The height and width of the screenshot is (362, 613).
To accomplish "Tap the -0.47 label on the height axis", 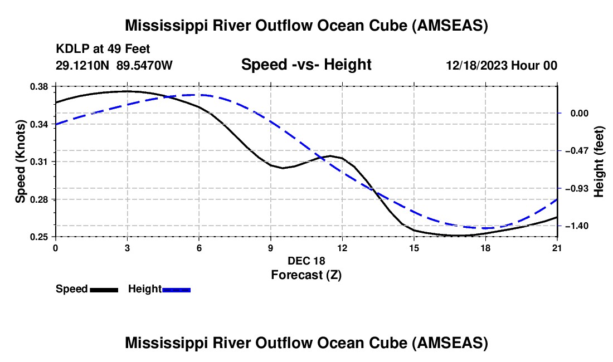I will (576, 150).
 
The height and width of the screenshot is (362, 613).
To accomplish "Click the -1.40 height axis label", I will (576, 226).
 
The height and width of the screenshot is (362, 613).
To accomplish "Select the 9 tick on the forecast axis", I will (270, 247).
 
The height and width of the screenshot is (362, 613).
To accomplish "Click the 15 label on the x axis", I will (414, 247).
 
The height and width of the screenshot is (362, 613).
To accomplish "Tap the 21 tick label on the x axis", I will (557, 247).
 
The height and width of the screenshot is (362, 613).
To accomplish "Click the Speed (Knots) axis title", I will (21, 162).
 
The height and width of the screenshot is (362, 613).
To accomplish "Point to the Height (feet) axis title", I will (599, 162).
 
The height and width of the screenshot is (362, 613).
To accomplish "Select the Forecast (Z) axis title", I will (306, 275).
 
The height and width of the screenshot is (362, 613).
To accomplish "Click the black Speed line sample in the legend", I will (104, 290).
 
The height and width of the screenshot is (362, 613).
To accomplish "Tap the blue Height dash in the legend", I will (177, 290).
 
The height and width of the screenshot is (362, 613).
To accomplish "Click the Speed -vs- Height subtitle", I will (306, 65).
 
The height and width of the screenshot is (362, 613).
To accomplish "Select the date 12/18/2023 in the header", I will (476, 66).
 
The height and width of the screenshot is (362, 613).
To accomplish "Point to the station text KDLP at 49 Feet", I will (103, 49).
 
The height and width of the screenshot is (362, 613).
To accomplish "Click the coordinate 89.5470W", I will (144, 66).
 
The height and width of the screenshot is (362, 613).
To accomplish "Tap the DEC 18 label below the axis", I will (306, 261).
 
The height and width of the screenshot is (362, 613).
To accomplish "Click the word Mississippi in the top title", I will (166, 25).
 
